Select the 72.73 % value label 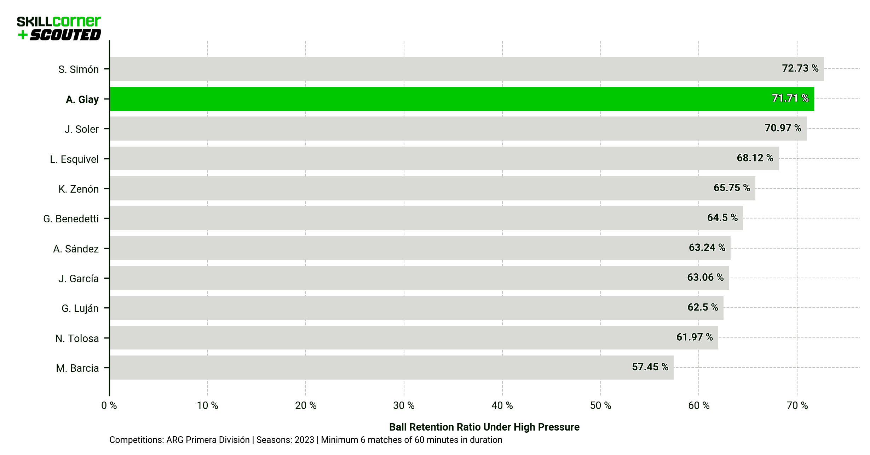800,68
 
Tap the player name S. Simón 78,69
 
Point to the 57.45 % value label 650,367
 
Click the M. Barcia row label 77,368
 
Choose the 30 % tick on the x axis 404,405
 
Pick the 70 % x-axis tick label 797,405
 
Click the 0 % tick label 109,405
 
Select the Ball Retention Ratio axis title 484,427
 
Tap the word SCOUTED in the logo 65,35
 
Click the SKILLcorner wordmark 59,22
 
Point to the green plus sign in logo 23,35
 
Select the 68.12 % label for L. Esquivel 755,158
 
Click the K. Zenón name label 78,189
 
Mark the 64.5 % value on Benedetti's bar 722,218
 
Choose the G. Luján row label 80,308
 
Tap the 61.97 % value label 694,337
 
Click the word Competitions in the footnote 136,440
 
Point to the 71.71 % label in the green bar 790,98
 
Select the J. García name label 78,279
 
